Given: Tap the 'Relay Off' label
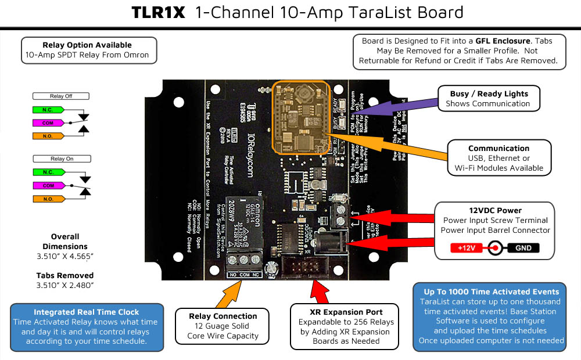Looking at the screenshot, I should pyautogui.click(x=61, y=96).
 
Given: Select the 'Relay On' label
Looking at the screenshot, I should pyautogui.click(x=61, y=159).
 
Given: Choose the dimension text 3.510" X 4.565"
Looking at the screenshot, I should pyautogui.click(x=64, y=255).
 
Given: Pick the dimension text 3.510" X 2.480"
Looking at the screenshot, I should pyautogui.click(x=64, y=285).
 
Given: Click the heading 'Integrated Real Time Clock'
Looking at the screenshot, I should pyautogui.click(x=87, y=312).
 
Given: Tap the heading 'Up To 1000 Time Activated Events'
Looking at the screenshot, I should pyautogui.click(x=492, y=291).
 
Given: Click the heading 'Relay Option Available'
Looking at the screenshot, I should pyautogui.click(x=87, y=45).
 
